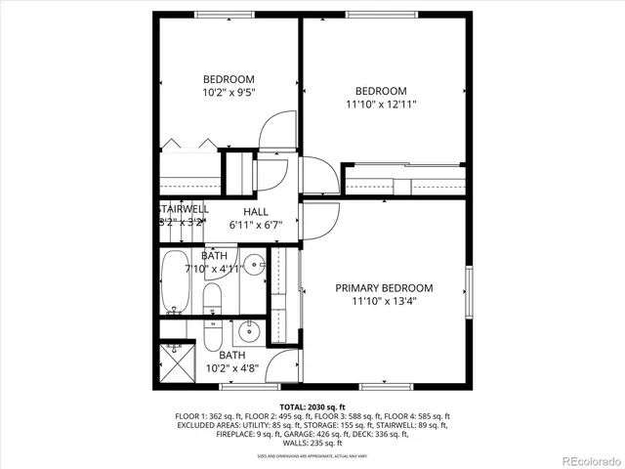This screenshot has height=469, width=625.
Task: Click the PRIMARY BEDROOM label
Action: pyautogui.click(x=384, y=288)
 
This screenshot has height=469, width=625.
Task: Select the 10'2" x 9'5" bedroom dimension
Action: pyautogui.click(x=229, y=96)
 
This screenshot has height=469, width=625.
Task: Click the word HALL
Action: pyautogui.click(x=256, y=212)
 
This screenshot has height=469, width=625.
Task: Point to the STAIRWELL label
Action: pyautogui.click(x=182, y=209)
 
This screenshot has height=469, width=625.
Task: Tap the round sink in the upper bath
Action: pyautogui.click(x=253, y=263)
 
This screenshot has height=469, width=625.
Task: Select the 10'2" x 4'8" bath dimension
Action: pyautogui.click(x=232, y=369)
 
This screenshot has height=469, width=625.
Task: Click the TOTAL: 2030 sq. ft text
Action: pyautogui.click(x=312, y=406)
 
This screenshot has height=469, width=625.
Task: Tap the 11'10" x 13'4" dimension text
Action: pyautogui.click(x=384, y=301)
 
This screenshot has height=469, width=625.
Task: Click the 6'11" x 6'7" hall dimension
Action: pyautogui.click(x=256, y=225)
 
